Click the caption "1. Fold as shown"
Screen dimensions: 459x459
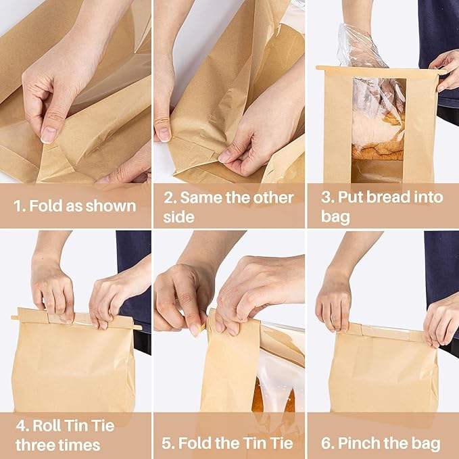(75, 206)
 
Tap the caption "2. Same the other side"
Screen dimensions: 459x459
(228, 207)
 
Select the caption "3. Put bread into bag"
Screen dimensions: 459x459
(383, 206)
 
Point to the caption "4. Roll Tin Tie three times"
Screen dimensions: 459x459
(65, 435)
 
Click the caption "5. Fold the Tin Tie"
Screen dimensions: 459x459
(228, 443)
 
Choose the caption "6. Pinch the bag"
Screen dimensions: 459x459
(381, 443)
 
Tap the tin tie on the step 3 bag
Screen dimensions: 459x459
(379, 69)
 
